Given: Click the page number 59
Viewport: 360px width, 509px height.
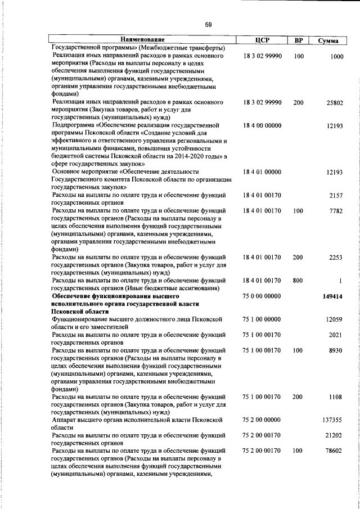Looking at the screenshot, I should (208, 24).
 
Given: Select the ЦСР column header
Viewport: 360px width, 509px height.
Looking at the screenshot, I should (262, 40).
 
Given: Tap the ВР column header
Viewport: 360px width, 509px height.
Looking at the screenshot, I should (299, 40).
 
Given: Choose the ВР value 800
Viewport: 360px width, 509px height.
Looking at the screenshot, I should (298, 280).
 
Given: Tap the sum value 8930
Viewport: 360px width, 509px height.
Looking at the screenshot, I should (336, 350).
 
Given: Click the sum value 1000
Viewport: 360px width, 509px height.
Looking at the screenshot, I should (337, 56).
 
